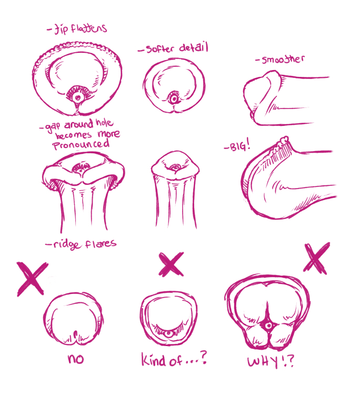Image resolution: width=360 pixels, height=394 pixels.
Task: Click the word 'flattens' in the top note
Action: [89, 28]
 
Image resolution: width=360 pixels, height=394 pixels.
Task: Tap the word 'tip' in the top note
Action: [61, 29]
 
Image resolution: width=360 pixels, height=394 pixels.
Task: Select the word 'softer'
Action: [160, 49]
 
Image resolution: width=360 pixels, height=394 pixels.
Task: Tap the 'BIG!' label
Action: [240, 145]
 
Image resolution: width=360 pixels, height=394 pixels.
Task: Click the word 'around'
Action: [78, 124]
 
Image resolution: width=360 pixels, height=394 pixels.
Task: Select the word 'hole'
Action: [104, 122]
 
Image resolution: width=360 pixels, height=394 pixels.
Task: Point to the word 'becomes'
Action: [73, 135]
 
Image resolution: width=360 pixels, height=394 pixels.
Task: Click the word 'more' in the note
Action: [108, 133]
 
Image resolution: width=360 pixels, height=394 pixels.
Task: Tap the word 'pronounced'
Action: [81, 145]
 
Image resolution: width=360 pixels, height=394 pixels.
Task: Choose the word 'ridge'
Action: [67, 244]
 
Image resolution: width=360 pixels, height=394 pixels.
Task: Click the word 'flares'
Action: [101, 243]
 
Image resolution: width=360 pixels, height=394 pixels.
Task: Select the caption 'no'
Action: [76, 359]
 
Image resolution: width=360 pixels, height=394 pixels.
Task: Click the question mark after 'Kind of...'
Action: [203, 358]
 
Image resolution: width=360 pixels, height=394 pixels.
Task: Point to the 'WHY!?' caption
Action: [270, 362]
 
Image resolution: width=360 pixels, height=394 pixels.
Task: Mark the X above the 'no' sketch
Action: [32, 279]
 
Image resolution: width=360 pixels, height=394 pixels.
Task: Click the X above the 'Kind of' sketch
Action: [171, 264]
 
